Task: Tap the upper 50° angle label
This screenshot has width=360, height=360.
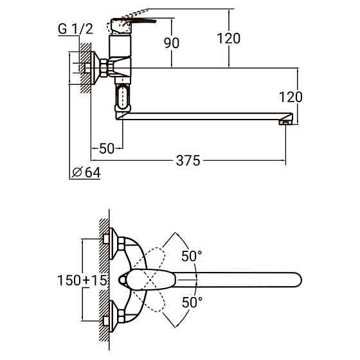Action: click(x=191, y=256)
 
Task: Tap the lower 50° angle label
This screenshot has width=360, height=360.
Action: click(x=191, y=301)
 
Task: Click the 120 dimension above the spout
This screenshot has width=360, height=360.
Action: click(x=228, y=38)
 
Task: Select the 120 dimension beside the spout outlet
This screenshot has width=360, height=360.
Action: click(x=291, y=97)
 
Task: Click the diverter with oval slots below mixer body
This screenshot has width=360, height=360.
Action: click(x=123, y=100)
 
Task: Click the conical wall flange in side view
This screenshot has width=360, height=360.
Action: click(x=100, y=66)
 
